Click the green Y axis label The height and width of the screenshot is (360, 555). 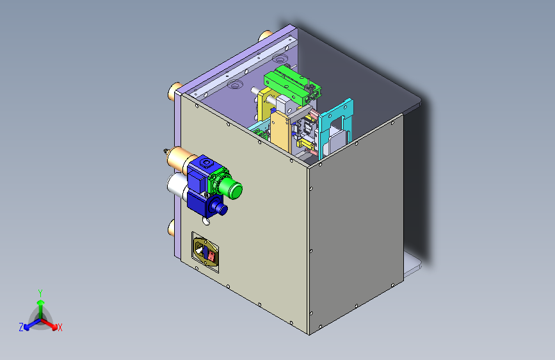40,292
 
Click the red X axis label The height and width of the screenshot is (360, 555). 60,328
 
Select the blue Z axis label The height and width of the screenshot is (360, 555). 21,327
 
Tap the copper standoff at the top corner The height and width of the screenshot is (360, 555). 264,37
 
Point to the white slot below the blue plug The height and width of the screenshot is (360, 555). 205,221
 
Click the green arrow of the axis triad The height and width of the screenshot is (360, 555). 40,305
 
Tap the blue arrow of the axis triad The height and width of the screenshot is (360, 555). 29,324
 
